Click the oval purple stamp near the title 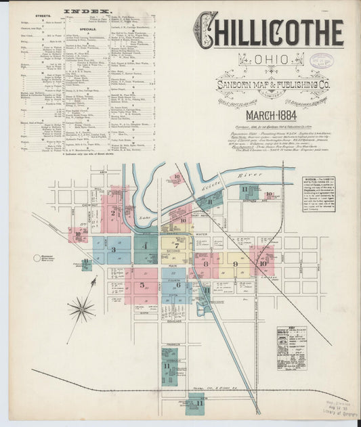coord(325,60)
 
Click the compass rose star coord(81,310)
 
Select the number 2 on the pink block coord(113,212)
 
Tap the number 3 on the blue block coord(113,250)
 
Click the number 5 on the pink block coord(142,285)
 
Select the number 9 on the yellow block coord(234,264)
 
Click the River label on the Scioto coord(249,175)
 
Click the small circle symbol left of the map coord(37,258)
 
